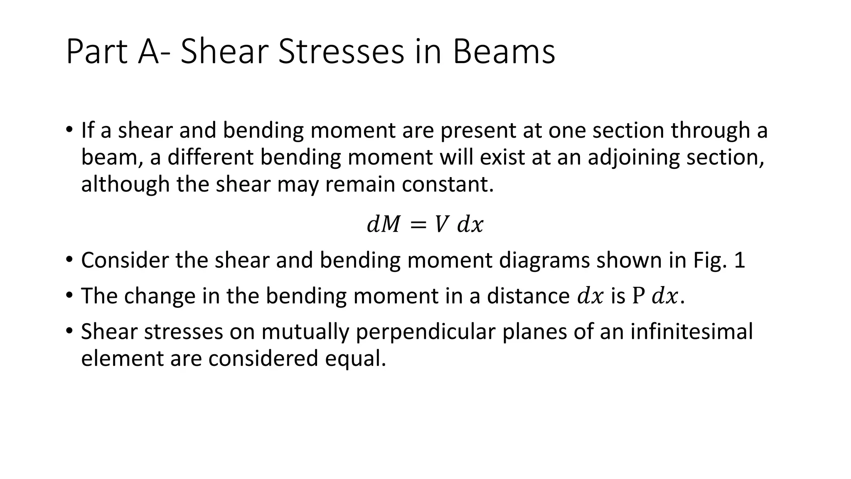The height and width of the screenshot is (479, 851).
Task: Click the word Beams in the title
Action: (504, 52)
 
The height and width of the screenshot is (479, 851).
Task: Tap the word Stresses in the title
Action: (341, 52)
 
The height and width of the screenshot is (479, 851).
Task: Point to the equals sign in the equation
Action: (418, 225)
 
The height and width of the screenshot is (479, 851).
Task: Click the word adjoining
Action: (633, 158)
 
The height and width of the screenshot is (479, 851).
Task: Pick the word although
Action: (125, 184)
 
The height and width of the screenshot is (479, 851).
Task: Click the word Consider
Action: (124, 260)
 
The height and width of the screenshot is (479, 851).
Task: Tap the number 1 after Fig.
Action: (740, 260)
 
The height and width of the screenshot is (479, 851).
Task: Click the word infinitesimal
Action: (691, 332)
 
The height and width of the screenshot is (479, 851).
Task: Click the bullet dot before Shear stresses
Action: (69, 331)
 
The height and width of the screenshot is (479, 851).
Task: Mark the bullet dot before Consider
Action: (69, 260)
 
